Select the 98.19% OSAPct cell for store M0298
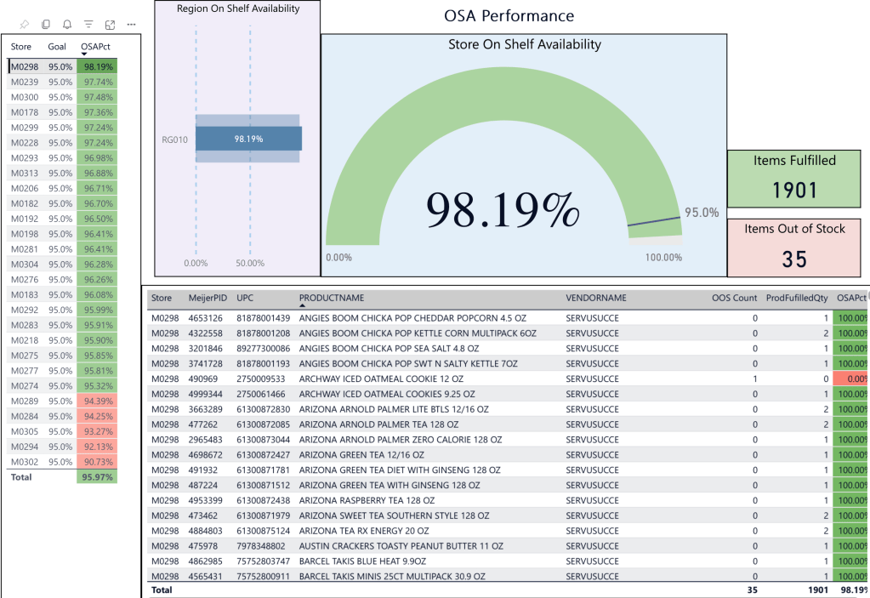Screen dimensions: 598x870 (x=97, y=66)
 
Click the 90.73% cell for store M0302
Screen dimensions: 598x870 (x=97, y=462)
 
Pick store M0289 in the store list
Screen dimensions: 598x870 (x=24, y=401)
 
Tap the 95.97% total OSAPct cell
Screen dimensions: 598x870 (x=97, y=477)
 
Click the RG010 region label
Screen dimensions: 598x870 (x=174, y=139)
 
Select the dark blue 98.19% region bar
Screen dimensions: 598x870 (x=248, y=139)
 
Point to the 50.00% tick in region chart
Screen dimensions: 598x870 (x=250, y=263)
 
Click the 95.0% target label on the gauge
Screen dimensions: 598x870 (x=702, y=213)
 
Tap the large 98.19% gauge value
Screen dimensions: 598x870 (x=503, y=209)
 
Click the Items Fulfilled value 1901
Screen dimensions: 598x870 (x=794, y=191)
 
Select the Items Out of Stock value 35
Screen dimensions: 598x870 (x=794, y=259)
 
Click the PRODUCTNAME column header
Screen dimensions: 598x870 (x=332, y=298)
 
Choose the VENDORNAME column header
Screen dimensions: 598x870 (x=596, y=298)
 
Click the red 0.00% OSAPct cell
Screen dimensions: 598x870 (x=852, y=379)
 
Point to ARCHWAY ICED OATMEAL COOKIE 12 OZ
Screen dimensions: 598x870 (x=381, y=379)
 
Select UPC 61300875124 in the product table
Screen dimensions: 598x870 (x=264, y=531)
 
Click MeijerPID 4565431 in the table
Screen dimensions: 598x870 (x=208, y=577)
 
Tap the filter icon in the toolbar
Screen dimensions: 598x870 (x=88, y=25)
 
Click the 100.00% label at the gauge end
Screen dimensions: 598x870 (x=663, y=257)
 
